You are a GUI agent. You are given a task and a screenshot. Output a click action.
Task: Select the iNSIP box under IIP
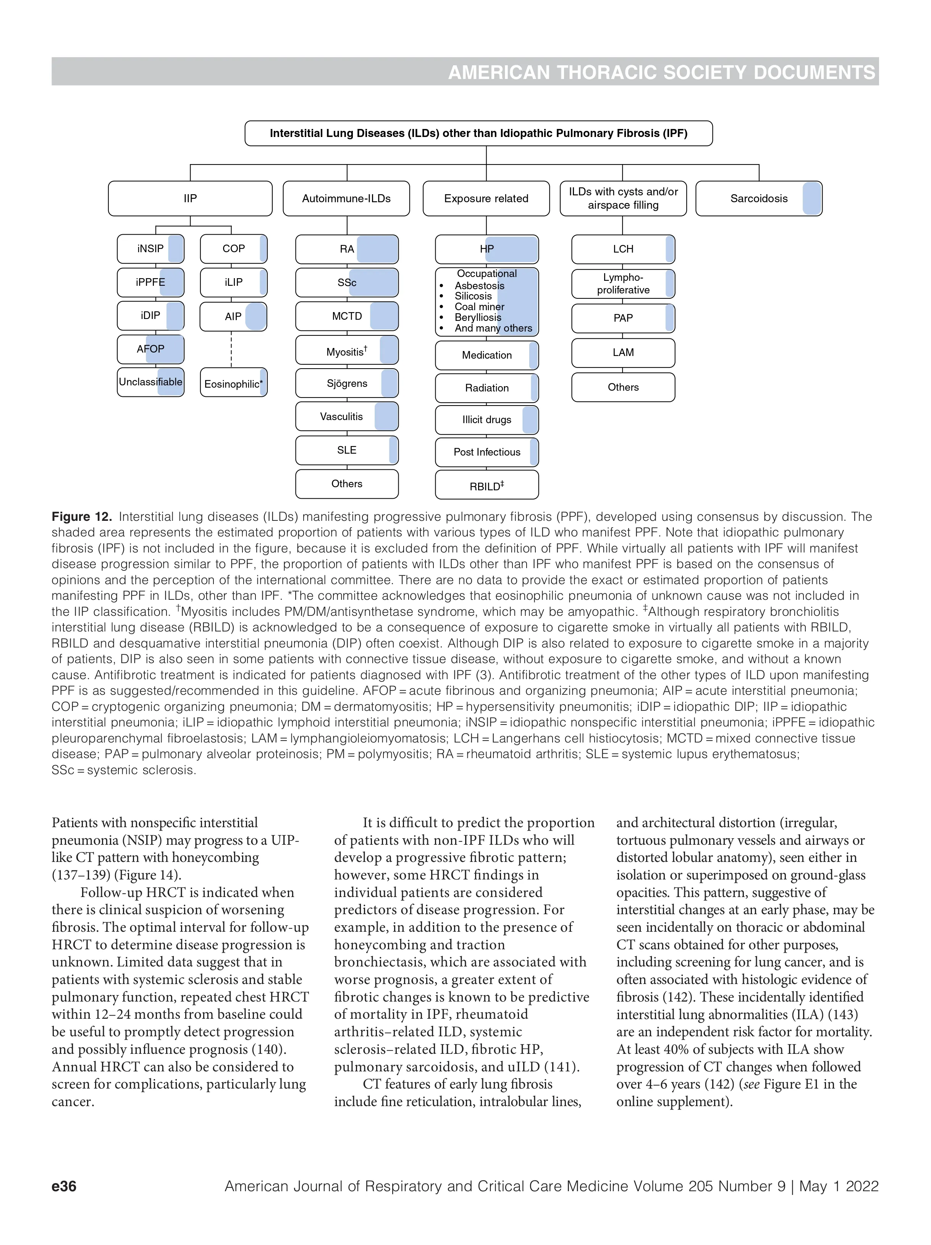pyautogui.click(x=150, y=249)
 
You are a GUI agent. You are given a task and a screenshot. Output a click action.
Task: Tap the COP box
pyautogui.click(x=233, y=249)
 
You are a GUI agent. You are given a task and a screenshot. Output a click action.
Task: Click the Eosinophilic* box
pyautogui.click(x=233, y=383)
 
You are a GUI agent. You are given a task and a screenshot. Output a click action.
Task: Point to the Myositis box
pyautogui.click(x=346, y=351)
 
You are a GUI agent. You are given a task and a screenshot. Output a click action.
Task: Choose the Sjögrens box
pyautogui.click(x=346, y=383)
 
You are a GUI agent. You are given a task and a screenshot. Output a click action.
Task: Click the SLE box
pyautogui.click(x=346, y=450)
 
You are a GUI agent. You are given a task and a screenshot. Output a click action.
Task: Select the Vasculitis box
pyautogui.click(x=346, y=417)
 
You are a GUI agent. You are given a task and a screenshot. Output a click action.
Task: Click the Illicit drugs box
pyautogui.click(x=487, y=420)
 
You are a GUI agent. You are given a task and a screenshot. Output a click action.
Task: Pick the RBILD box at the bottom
pyautogui.click(x=487, y=485)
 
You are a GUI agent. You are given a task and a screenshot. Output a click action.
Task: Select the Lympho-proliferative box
pyautogui.click(x=623, y=283)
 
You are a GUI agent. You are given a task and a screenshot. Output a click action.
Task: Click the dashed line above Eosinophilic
pyautogui.click(x=231, y=350)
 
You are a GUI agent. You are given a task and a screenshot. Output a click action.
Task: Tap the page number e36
pyautogui.click(x=64, y=1186)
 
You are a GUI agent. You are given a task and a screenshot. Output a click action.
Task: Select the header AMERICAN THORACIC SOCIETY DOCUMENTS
pyautogui.click(x=661, y=72)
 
